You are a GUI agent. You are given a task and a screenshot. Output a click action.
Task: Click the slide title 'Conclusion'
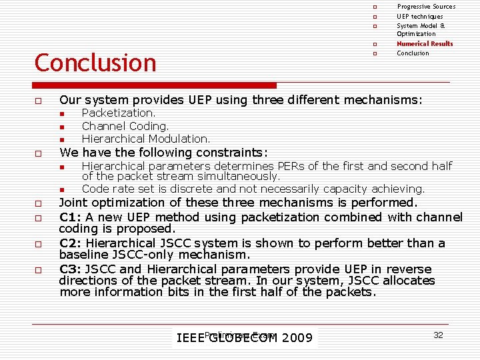tap(95, 63)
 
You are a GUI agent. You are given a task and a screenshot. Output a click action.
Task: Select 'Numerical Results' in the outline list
tap(425, 44)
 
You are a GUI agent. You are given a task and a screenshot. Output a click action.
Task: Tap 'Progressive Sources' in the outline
tap(426, 7)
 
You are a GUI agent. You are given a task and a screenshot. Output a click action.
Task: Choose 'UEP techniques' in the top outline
tap(419, 17)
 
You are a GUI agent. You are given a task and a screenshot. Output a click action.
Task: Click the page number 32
tap(438, 335)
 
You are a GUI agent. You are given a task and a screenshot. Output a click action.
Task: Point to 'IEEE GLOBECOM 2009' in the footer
tap(244, 338)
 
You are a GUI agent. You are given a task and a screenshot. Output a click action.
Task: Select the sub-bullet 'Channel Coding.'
tap(125, 126)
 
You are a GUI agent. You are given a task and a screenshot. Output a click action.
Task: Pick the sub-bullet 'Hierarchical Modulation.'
tap(145, 139)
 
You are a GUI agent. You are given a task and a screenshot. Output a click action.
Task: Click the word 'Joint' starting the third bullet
tap(73, 203)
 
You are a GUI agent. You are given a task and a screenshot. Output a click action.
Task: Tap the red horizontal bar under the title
tap(155, 85)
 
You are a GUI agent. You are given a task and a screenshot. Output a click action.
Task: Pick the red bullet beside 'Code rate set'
tap(61, 189)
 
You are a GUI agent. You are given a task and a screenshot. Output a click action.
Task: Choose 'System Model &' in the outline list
tap(421, 26)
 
